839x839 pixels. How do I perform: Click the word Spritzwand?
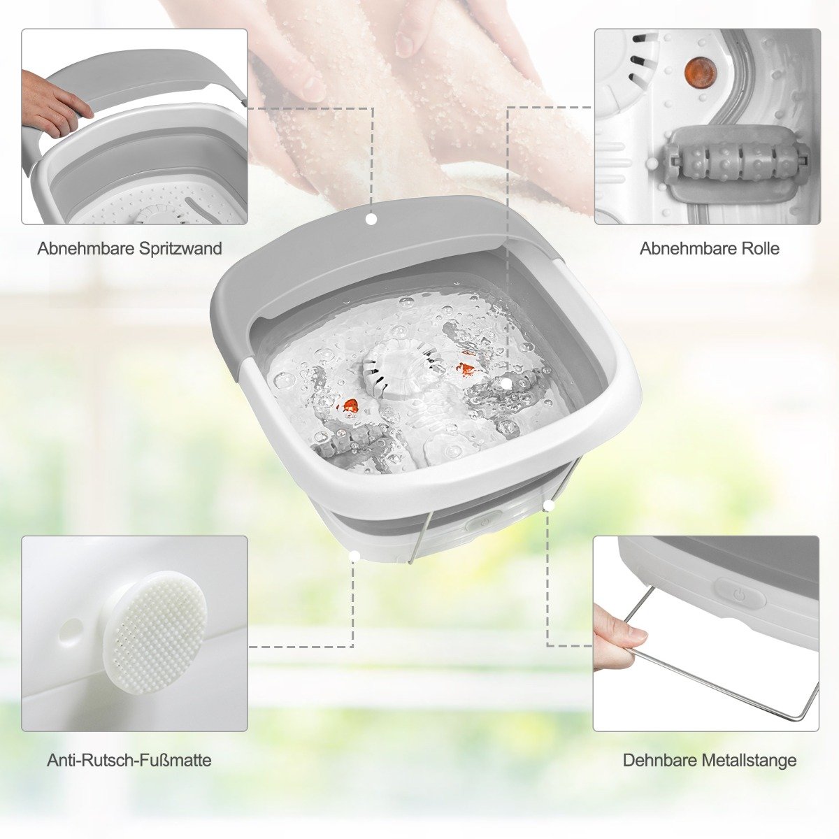(180, 249)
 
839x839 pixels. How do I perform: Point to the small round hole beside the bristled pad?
(72, 628)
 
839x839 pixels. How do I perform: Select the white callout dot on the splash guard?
(371, 220)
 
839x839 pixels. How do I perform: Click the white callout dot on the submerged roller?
(506, 383)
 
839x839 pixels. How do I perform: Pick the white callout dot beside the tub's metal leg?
(549, 505)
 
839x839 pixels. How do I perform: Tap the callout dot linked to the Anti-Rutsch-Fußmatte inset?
(354, 556)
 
